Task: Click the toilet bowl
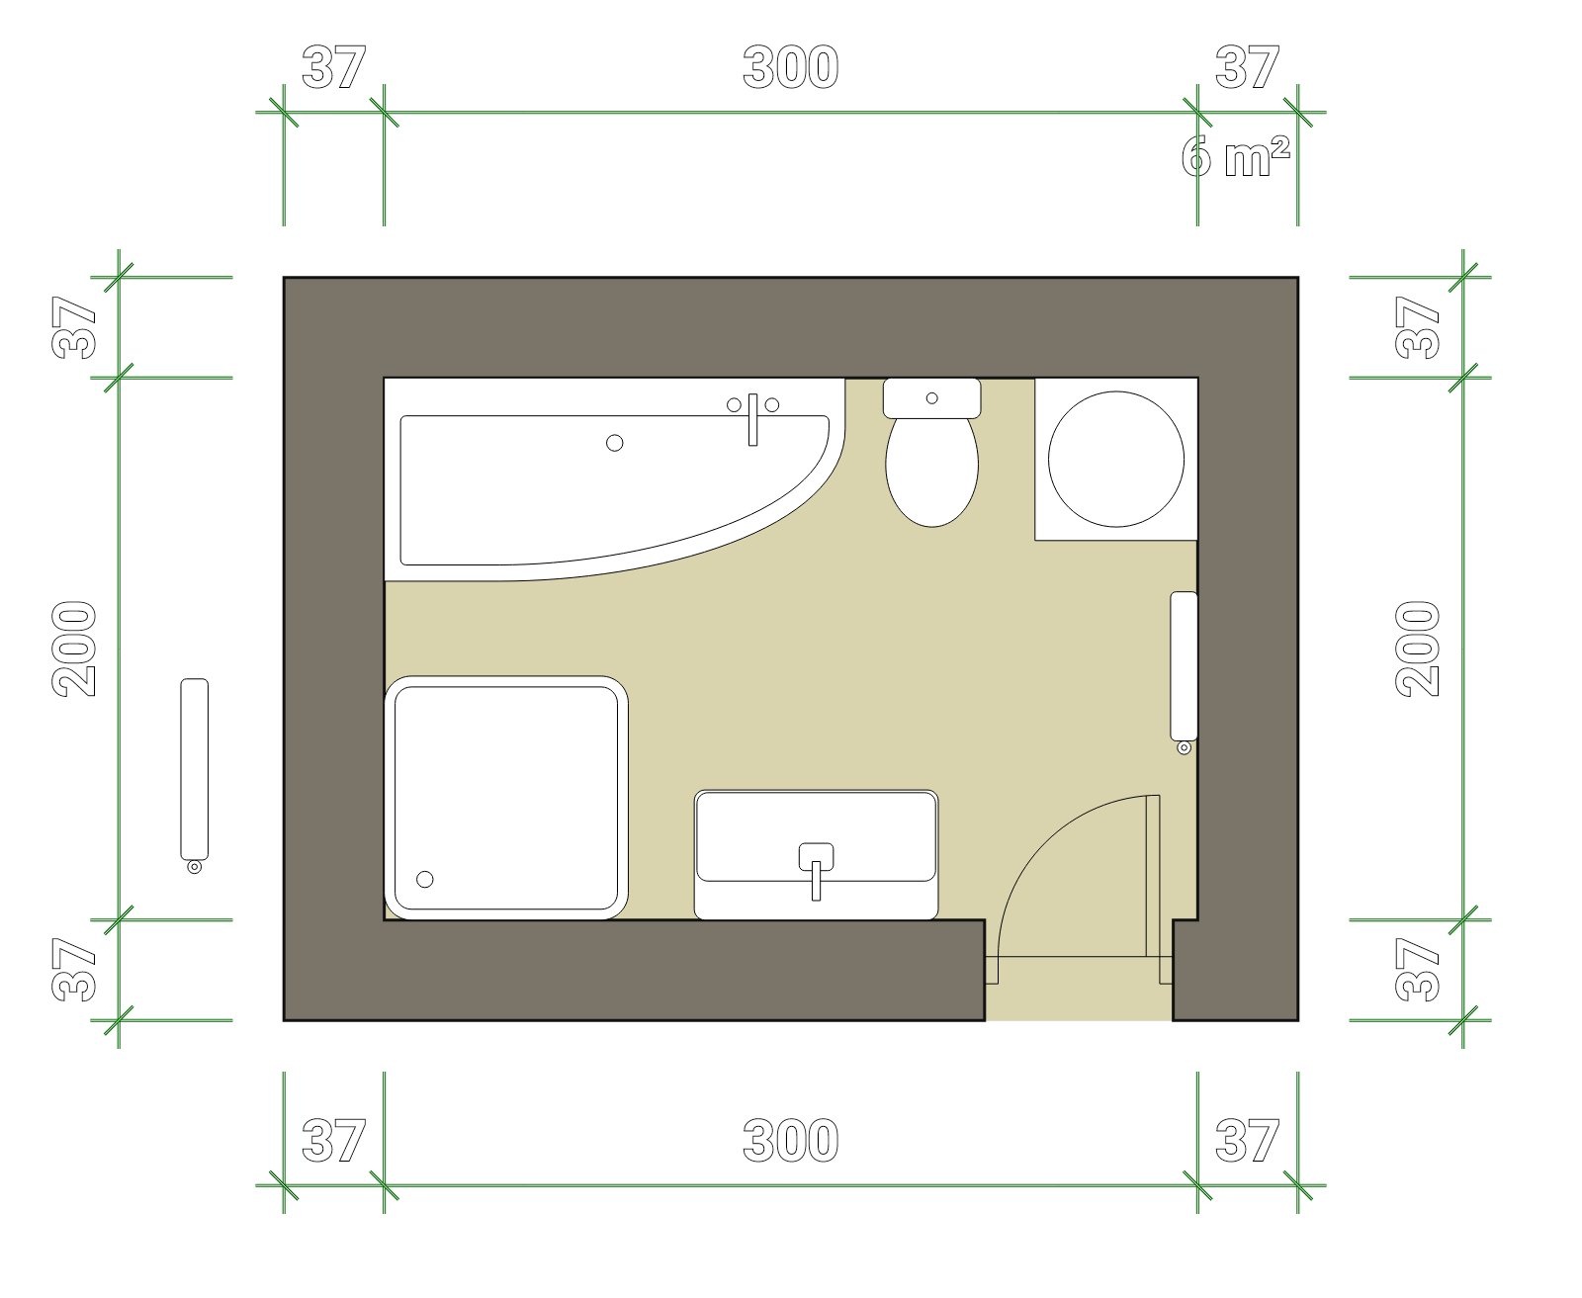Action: (x=931, y=471)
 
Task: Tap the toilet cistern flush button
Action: (x=931, y=398)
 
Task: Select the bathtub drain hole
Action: (x=614, y=443)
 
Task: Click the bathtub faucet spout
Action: (x=752, y=420)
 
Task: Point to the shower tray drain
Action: (x=424, y=879)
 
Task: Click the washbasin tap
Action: (x=816, y=871)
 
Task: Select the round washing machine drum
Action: (x=1116, y=459)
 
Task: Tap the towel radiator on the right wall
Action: (x=1184, y=666)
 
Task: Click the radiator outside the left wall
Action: (x=194, y=768)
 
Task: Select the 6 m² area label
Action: (x=1236, y=157)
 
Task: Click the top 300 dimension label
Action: (x=791, y=67)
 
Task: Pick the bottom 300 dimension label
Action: (x=791, y=1141)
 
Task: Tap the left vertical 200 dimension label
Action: (x=74, y=649)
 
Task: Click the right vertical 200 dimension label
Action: (x=1417, y=649)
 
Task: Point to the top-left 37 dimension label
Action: (x=334, y=67)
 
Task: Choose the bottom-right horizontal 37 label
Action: (x=1247, y=1141)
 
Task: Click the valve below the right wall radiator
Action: (x=1185, y=747)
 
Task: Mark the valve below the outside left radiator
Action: (x=194, y=867)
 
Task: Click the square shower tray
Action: (x=506, y=797)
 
